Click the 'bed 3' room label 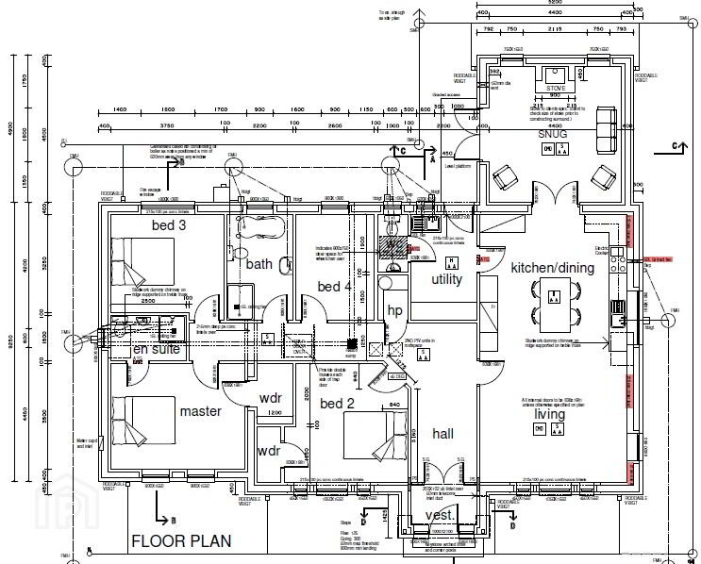click(169, 225)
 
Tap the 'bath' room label click(259, 264)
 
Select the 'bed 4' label click(334, 287)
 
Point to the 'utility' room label click(447, 280)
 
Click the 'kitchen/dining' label click(553, 268)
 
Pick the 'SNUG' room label click(553, 135)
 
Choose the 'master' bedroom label click(200, 411)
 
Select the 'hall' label click(442, 433)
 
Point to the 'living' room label click(550, 413)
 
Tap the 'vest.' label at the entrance click(438, 515)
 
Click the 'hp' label click(394, 309)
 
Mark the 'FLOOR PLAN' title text click(179, 541)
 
